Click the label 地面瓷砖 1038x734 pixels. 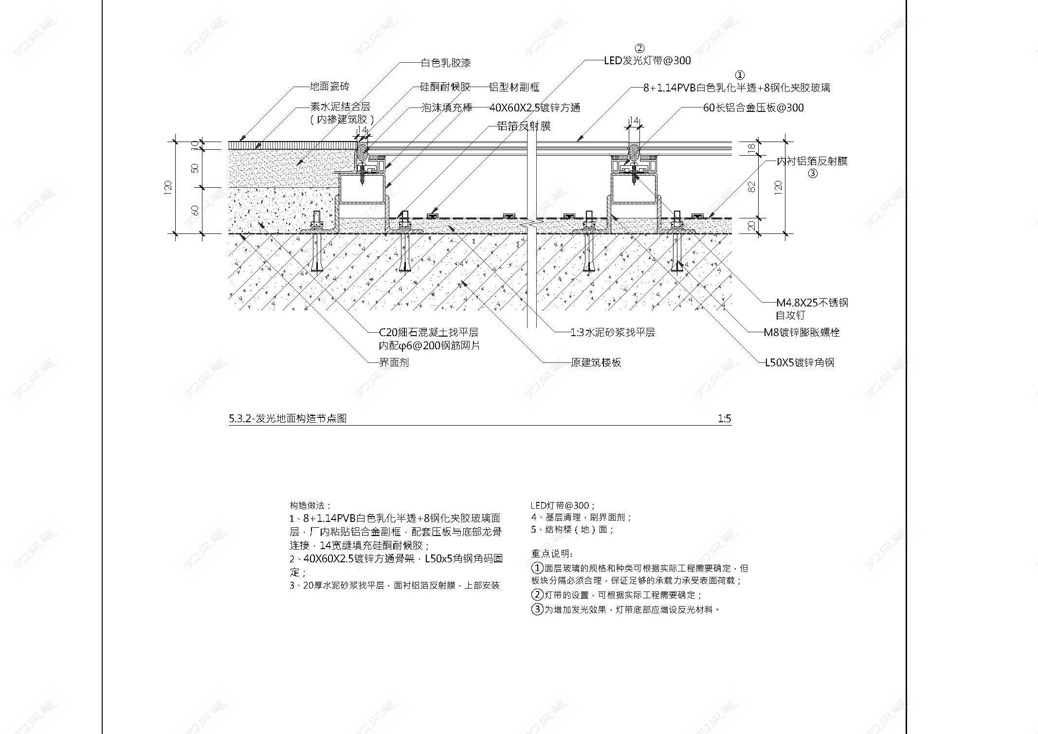329,87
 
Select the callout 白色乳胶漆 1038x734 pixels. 445,63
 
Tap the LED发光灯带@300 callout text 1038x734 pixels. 647,61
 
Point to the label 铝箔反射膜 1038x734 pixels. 523,126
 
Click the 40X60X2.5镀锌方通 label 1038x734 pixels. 534,107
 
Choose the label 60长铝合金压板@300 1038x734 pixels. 753,107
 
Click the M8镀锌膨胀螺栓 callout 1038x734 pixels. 801,332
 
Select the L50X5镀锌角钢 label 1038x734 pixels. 799,362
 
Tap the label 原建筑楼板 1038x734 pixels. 596,362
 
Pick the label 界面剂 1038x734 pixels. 394,362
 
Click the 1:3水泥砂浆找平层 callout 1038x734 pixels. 612,332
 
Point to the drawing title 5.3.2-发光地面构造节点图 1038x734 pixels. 288,418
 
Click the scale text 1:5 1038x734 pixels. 724,418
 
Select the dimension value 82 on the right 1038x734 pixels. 752,186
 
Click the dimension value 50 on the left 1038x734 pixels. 195,168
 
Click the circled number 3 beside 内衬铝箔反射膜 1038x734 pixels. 813,174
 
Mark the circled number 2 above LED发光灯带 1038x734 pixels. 639,48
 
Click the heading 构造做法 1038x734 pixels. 310,506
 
